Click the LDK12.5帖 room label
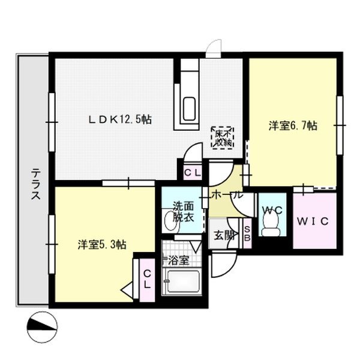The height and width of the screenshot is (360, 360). click(x=120, y=119)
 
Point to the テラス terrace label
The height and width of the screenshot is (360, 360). click(x=35, y=185)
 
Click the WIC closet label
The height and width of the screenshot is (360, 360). click(x=314, y=221)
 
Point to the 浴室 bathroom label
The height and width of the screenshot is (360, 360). click(x=178, y=260)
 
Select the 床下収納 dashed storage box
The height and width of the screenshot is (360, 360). click(x=223, y=138)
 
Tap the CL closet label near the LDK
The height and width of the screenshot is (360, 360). click(x=192, y=173)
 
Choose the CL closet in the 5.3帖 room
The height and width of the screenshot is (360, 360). click(x=146, y=278)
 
